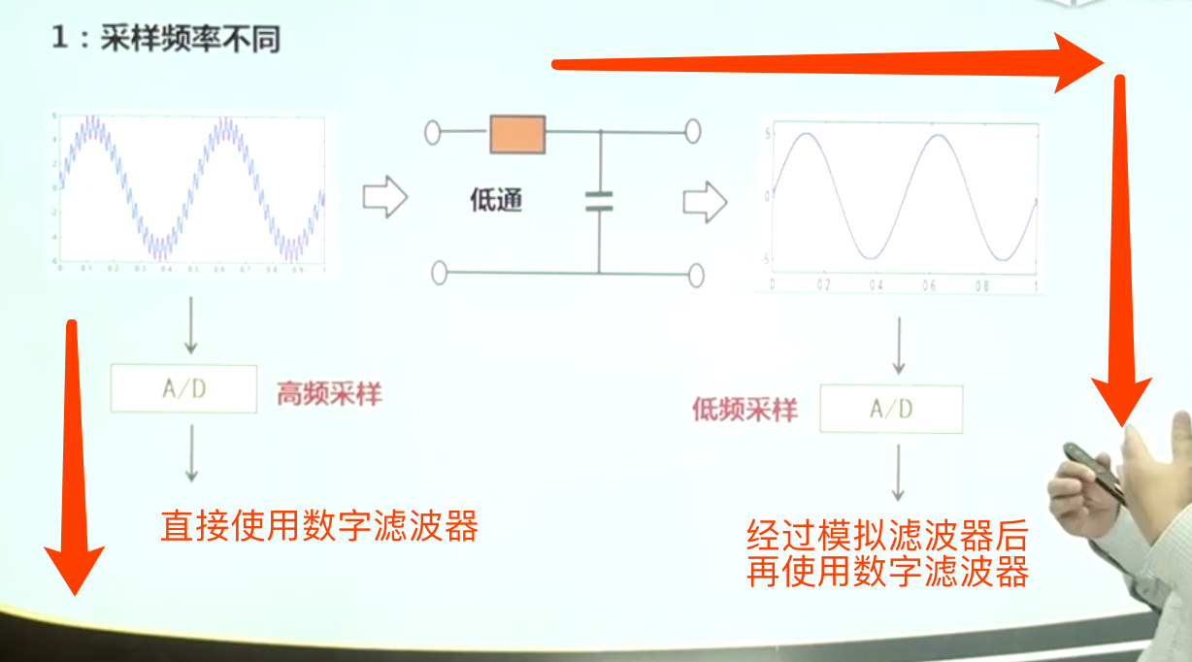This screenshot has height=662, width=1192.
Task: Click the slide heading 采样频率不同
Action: coord(190,40)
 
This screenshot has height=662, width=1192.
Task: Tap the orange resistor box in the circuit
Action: coord(517,134)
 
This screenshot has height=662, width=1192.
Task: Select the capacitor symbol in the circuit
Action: coord(599,201)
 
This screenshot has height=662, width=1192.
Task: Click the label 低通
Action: coord(496,200)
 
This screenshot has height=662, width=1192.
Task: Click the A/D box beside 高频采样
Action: coord(184,389)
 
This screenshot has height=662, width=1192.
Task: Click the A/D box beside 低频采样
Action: coord(891,409)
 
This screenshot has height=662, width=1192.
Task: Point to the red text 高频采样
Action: coord(329,395)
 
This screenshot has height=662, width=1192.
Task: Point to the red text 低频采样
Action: coord(745,411)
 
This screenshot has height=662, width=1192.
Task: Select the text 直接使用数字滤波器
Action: coord(319,526)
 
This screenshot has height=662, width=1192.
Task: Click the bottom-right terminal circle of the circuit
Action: coord(695,275)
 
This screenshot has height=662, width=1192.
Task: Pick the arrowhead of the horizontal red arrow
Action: coord(1081,61)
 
